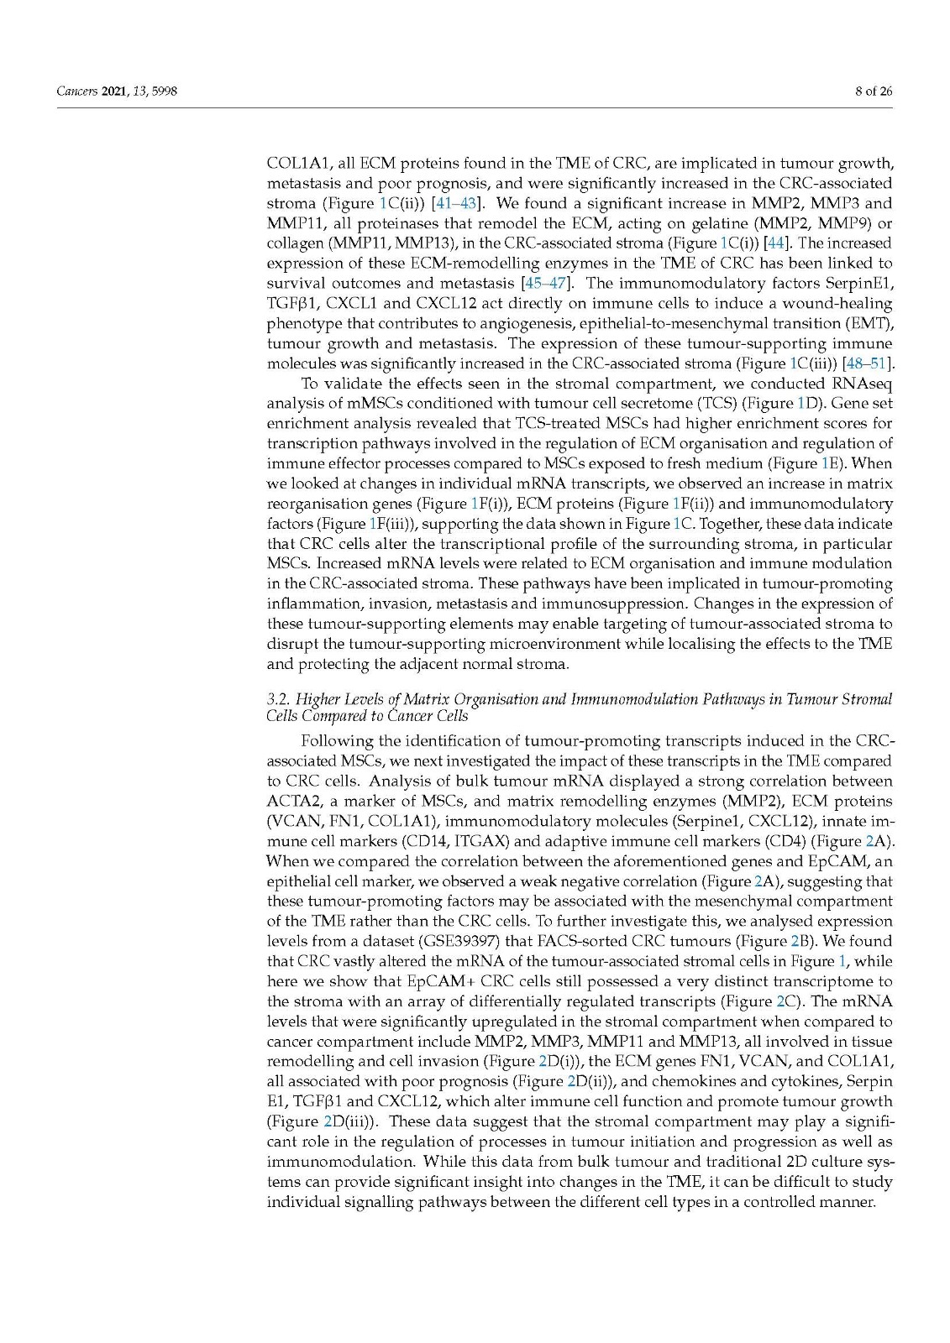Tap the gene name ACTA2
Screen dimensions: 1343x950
point(289,802)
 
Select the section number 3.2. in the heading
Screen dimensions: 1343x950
point(278,699)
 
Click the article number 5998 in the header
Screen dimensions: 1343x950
point(165,91)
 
